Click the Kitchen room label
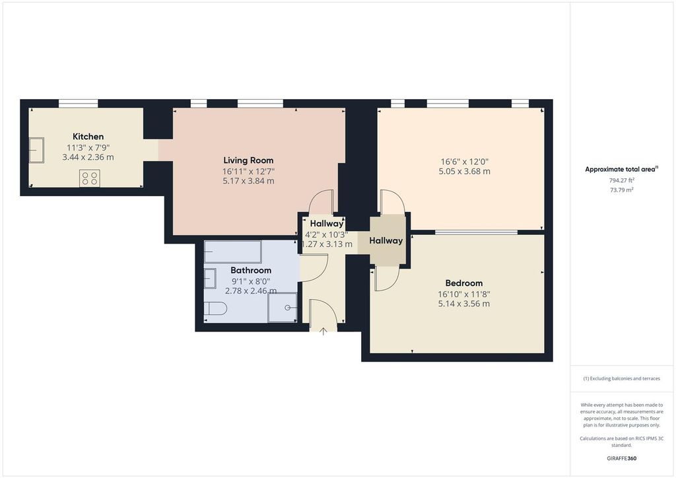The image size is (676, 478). pos(88,137)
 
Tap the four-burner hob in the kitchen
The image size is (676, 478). pos(90,178)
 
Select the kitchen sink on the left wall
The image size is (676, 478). pos(36,150)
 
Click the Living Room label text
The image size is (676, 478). pos(248,160)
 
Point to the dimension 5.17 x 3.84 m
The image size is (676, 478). pos(248,180)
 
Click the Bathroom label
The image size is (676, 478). pos(251,270)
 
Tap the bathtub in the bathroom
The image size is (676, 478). pos(232,252)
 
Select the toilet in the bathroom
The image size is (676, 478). pos(215,308)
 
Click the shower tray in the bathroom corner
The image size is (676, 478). pos(283,307)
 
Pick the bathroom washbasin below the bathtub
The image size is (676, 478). pos(210,279)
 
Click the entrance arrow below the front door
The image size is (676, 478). pos(323,331)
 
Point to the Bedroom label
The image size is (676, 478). pos(463,283)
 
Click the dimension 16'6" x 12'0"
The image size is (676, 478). pos(465,161)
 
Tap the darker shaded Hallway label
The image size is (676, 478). pos(386,241)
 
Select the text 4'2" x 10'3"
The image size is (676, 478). pos(327,234)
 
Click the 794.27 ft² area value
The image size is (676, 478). pos(622,180)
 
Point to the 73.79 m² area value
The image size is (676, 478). pos(622,189)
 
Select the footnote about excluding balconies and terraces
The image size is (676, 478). pos(621,378)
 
